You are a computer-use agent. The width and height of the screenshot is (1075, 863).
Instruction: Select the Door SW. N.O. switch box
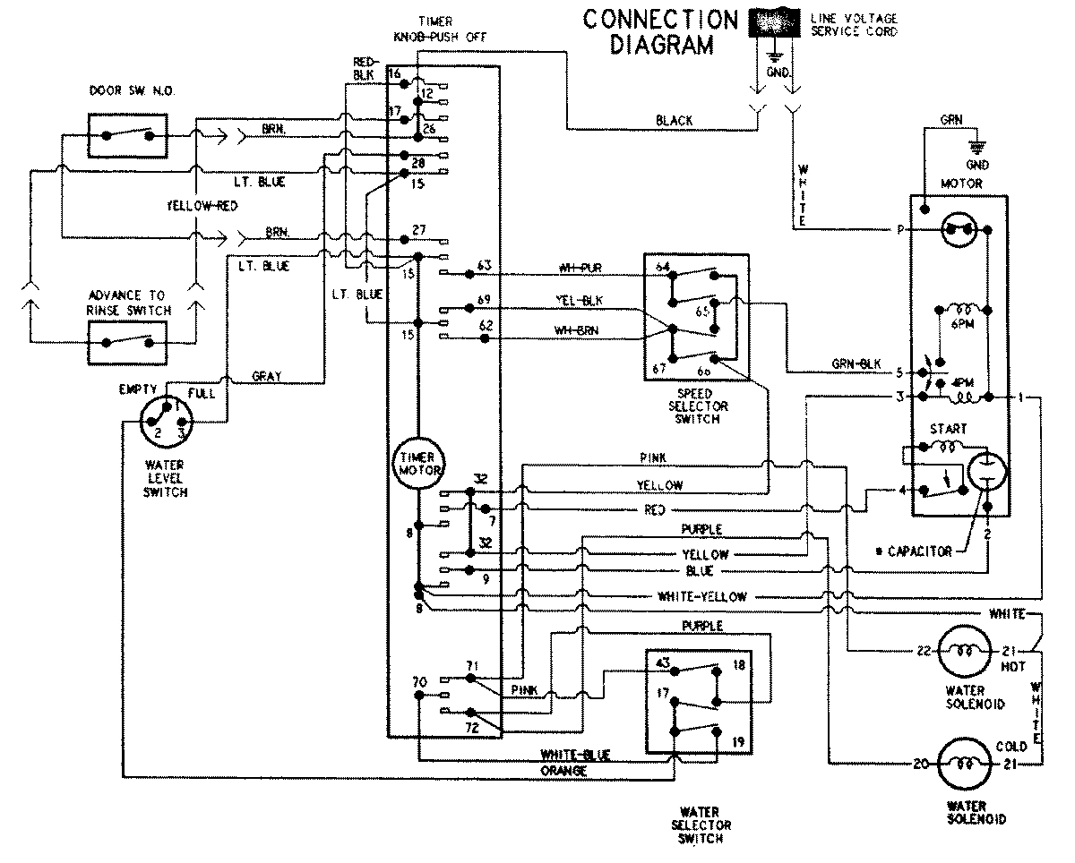[128, 135]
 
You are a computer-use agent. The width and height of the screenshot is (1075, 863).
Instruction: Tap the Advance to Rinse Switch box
[128, 341]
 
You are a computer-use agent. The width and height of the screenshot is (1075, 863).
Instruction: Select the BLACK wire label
[674, 120]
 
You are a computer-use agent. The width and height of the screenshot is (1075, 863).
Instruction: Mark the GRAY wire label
[266, 377]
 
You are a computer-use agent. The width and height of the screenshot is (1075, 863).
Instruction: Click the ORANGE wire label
[563, 771]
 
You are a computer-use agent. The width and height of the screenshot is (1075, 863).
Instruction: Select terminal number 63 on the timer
[485, 265]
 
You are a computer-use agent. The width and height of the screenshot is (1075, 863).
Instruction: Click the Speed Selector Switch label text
[695, 406]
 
